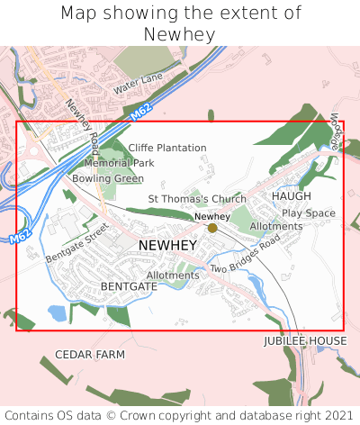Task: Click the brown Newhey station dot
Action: click(x=212, y=228)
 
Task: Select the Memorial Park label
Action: click(x=119, y=163)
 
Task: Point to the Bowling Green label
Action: click(x=108, y=178)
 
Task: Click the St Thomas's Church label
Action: click(x=197, y=199)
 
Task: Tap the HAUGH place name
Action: click(x=291, y=195)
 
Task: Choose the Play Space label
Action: click(x=308, y=213)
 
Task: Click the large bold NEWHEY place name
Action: click(x=168, y=245)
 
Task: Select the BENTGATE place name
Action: click(x=129, y=285)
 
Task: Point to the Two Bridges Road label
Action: click(x=240, y=258)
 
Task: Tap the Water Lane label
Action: click(x=138, y=84)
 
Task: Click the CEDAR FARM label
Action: click(x=90, y=355)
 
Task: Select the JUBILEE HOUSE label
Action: click(x=305, y=341)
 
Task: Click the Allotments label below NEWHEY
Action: click(x=173, y=275)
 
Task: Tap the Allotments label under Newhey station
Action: click(x=276, y=226)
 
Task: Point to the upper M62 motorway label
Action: click(x=140, y=113)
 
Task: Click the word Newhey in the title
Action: click(x=179, y=34)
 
